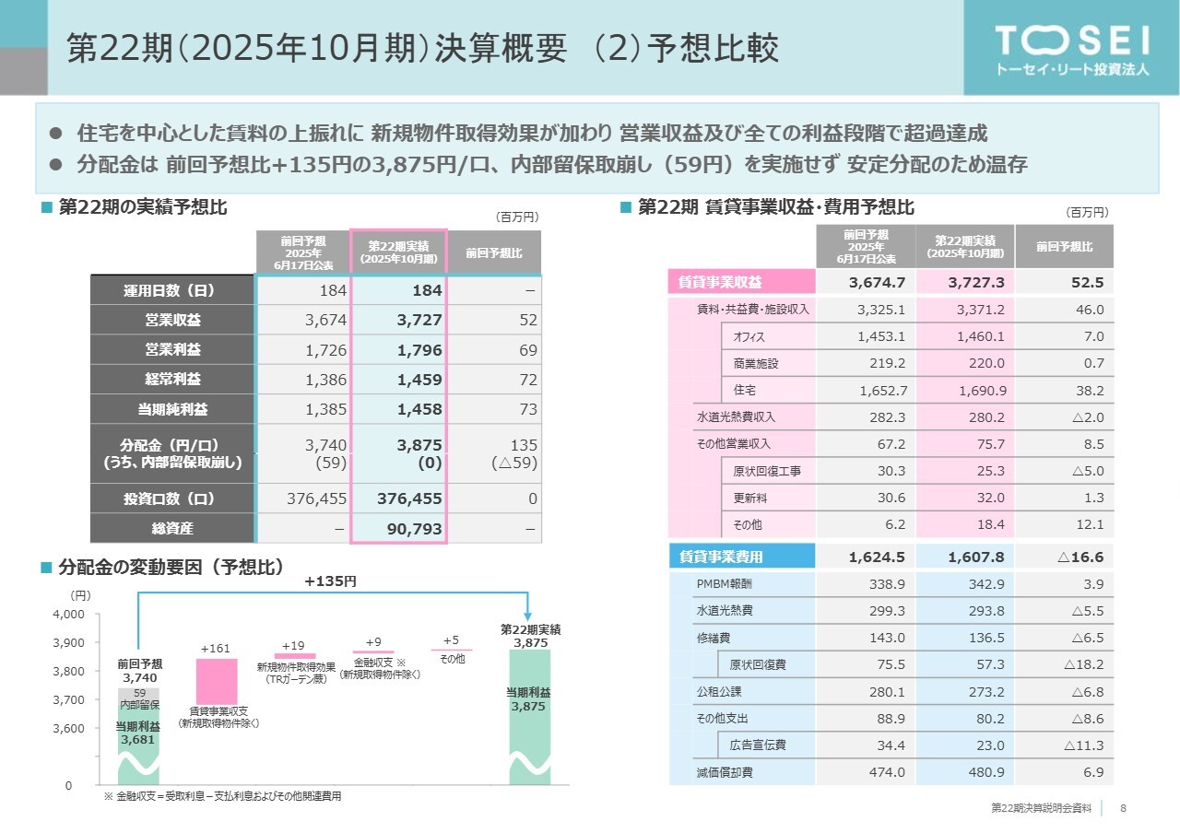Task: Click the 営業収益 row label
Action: (x=172, y=321)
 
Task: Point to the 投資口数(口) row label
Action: (x=172, y=499)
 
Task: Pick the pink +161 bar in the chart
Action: (x=217, y=681)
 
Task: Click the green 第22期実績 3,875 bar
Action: (x=530, y=716)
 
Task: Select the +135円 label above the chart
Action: (x=330, y=581)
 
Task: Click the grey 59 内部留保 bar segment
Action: (x=139, y=698)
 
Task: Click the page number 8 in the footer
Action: (x=1123, y=808)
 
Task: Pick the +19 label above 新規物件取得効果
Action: (x=293, y=646)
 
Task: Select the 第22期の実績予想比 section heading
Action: (x=143, y=207)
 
